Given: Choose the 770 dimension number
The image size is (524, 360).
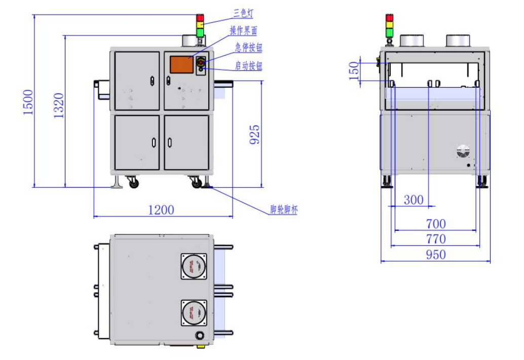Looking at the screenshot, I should [435, 239].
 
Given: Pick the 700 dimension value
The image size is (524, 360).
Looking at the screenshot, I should [435, 224].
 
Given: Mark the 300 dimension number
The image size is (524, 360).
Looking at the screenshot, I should [414, 200].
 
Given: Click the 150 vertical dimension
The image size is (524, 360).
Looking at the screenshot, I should [355, 68].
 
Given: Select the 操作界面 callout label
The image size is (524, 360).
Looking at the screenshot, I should [243, 31].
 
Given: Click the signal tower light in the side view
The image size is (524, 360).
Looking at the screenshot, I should [389, 25].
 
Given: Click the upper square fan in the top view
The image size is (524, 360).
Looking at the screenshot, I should [194, 266].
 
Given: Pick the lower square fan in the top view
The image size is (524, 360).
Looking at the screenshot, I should [194, 313].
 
